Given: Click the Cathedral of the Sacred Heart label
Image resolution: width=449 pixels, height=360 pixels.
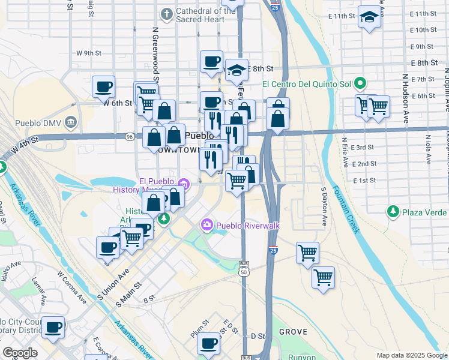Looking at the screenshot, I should (x=197, y=15).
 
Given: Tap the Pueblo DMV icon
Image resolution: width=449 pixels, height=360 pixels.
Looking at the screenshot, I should (x=71, y=123).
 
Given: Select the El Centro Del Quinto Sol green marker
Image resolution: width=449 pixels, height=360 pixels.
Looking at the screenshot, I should (x=360, y=83).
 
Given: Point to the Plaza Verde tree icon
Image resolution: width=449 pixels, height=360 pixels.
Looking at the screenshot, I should (x=393, y=211).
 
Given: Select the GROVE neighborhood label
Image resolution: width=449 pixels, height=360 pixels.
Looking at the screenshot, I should (x=293, y=332).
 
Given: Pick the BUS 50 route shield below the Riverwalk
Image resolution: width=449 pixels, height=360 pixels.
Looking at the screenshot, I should (x=244, y=268).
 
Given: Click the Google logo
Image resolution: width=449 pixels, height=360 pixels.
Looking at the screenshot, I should (x=20, y=353).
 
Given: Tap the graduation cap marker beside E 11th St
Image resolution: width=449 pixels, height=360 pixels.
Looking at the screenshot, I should (x=369, y=18).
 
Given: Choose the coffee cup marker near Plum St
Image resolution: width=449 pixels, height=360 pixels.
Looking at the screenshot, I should (x=209, y=344).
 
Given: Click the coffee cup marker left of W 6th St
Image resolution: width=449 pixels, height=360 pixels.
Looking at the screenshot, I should (x=104, y=87).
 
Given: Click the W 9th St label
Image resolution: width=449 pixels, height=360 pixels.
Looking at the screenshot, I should (x=89, y=53).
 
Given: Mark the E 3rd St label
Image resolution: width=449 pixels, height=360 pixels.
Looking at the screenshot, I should (x=363, y=147).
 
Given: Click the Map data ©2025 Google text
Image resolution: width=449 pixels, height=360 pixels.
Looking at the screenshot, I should (x=411, y=355).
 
